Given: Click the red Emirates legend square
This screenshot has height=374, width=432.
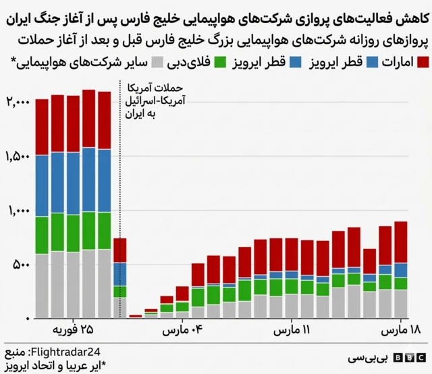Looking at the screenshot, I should click(x=423, y=63).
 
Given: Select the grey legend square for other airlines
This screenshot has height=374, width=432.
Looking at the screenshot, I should click(x=157, y=63).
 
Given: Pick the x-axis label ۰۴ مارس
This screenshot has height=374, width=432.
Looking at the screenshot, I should click(x=179, y=331).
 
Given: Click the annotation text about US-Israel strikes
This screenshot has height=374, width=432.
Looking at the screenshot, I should click(x=155, y=101).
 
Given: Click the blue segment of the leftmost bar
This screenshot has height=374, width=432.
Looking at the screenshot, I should click(x=42, y=186).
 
